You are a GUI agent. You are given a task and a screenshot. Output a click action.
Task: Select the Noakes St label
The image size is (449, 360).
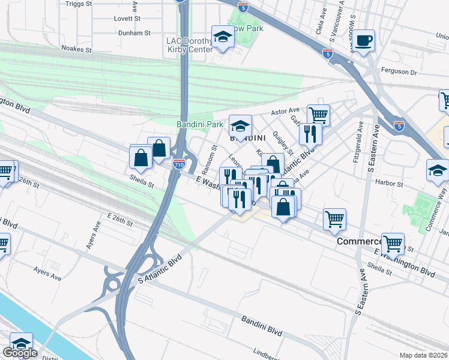click(76, 49)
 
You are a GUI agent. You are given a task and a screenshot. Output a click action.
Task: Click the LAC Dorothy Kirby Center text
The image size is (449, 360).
click(189, 45)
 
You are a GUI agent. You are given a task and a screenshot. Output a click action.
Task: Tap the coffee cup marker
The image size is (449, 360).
click(363, 41)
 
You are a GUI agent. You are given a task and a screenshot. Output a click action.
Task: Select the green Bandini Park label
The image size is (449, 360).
click(199, 125)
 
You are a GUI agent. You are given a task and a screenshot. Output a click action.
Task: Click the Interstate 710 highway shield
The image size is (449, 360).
click(178, 163)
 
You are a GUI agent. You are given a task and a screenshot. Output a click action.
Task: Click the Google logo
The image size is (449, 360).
click(20, 353)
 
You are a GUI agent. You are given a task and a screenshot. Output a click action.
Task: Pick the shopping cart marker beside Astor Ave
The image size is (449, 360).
click(318, 114)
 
